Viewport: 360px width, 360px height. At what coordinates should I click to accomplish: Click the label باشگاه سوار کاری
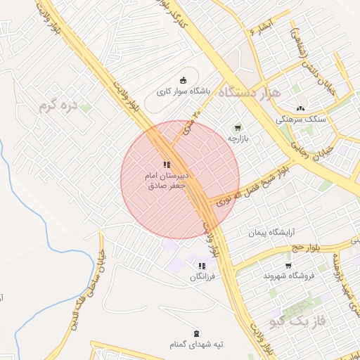[162, 92]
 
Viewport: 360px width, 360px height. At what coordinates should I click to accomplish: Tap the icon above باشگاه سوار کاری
[184, 80]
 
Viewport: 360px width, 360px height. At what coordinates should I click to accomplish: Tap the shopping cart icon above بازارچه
[238, 128]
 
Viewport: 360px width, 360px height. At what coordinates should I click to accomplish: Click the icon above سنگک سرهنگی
[301, 108]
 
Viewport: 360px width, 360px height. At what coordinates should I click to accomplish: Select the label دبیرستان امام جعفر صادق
[167, 181]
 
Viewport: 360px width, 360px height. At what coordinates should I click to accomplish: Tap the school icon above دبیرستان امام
[167, 165]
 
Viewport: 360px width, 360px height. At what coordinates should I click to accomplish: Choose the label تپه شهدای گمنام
[195, 345]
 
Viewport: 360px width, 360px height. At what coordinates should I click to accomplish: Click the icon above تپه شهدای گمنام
[195, 333]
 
